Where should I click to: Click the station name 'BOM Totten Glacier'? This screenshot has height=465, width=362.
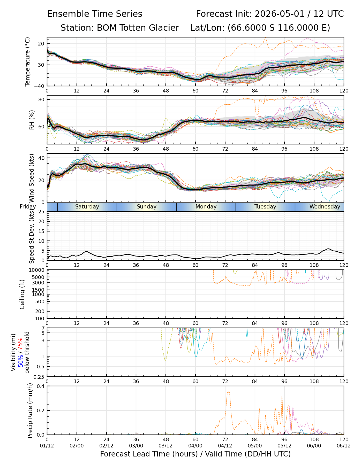tap(138, 28)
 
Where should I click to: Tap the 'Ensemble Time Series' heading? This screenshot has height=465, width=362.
tap(95, 14)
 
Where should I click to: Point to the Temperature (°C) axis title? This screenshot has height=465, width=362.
tap(27, 61)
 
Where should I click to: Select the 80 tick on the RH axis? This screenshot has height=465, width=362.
tap(41, 99)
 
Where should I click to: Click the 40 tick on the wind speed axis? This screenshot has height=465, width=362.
tap(41, 158)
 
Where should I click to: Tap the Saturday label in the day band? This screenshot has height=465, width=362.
tap(87, 207)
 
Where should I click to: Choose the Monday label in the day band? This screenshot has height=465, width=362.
tap(206, 207)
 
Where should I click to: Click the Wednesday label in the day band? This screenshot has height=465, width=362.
tap(325, 207)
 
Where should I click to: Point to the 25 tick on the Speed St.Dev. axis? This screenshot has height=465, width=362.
tap(41, 212)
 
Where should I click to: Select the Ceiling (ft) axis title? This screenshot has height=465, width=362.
tap(22, 294)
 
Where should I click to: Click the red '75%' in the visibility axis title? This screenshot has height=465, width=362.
tap(21, 344)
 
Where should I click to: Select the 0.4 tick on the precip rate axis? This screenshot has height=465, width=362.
tap(41, 386)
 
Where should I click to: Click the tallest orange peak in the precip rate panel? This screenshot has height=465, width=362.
tap(228, 391)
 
